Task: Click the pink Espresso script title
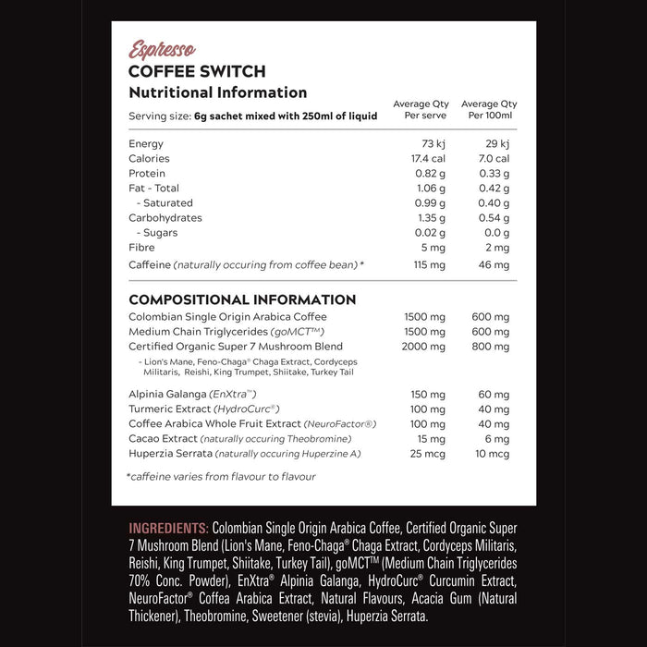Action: [162, 50]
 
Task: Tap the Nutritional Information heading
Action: [217, 92]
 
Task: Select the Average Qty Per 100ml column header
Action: [489, 110]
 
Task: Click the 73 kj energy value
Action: [433, 144]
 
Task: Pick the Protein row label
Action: [147, 174]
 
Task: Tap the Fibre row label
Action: [141, 248]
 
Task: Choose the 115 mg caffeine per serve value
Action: [430, 265]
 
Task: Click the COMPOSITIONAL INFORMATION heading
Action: [242, 299]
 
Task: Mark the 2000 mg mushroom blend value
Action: [425, 347]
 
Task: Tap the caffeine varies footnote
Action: [222, 477]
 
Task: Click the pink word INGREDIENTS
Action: [168, 528]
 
